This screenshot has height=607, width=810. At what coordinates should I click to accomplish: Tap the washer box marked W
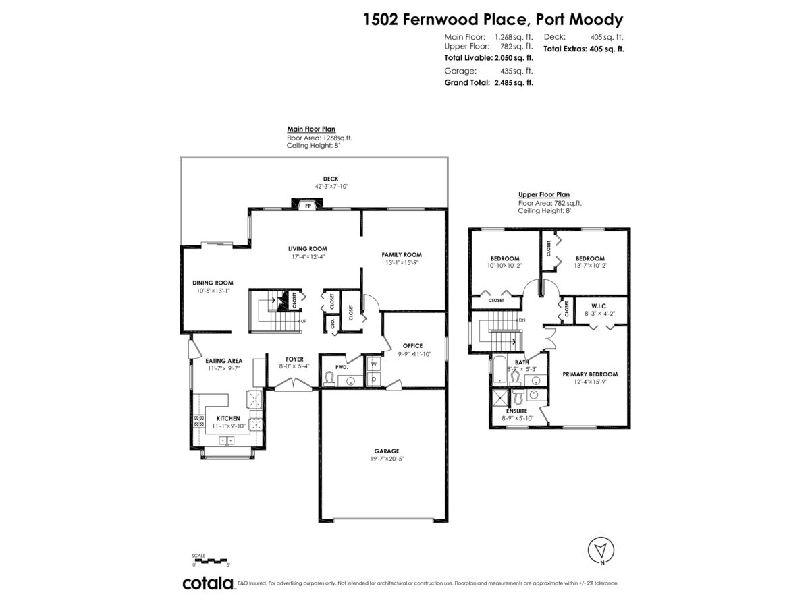click(x=373, y=364)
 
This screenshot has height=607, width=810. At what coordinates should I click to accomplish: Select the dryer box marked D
click(x=373, y=379)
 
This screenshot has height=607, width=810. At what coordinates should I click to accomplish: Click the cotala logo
click(x=209, y=583)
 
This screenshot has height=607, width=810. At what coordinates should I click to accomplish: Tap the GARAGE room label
click(x=386, y=451)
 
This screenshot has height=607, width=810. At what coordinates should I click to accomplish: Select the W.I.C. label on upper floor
click(x=599, y=306)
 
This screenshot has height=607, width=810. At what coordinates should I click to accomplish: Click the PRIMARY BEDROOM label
click(x=590, y=374)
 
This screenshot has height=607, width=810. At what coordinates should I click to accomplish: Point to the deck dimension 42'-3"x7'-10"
click(x=331, y=187)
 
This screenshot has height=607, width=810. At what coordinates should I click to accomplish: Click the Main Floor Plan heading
click(x=311, y=129)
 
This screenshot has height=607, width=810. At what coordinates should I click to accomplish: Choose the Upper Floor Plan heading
click(x=543, y=194)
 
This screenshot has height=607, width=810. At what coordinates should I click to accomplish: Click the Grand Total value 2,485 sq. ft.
click(x=514, y=82)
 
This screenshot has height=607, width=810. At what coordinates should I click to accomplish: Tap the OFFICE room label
click(x=412, y=346)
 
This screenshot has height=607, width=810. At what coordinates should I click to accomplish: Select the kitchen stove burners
click(x=199, y=421)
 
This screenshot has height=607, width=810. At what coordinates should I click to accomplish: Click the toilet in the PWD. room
click(x=329, y=378)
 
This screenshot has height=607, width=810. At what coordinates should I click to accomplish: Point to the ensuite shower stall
click(x=500, y=398)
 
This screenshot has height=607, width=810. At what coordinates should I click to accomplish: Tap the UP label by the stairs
click(x=303, y=322)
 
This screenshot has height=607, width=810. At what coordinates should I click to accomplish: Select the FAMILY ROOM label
click(x=402, y=255)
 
